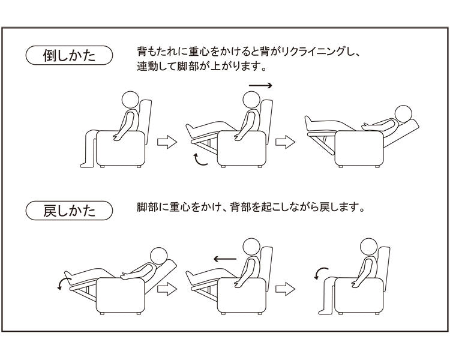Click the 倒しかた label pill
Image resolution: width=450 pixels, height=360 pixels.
tap(69, 55)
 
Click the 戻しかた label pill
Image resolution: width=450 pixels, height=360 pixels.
tap(69, 211)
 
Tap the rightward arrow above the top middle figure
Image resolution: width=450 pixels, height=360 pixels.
tap(260, 85)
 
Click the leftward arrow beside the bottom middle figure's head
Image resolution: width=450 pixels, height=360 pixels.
tap(225, 259)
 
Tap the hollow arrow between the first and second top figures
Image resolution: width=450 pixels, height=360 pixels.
tap(167, 142)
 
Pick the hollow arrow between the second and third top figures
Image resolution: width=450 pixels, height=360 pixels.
tap(285, 142)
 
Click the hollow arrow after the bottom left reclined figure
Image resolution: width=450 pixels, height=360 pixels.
tap(167, 289)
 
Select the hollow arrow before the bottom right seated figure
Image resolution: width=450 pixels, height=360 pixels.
tap(285, 289)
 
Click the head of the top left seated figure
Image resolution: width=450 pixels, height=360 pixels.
tap(131, 100)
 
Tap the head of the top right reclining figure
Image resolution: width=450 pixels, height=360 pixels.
tap(404, 114)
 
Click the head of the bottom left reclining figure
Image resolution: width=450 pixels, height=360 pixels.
tap(159, 256)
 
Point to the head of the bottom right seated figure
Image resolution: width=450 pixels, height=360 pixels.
tap(368, 247)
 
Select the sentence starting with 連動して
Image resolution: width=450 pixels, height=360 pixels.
tap(200, 67)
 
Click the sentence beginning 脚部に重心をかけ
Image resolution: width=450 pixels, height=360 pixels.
tap(250, 207)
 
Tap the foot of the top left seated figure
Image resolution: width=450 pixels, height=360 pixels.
tap(87, 165)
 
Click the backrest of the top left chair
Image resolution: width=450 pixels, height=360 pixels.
tap(146, 121)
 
